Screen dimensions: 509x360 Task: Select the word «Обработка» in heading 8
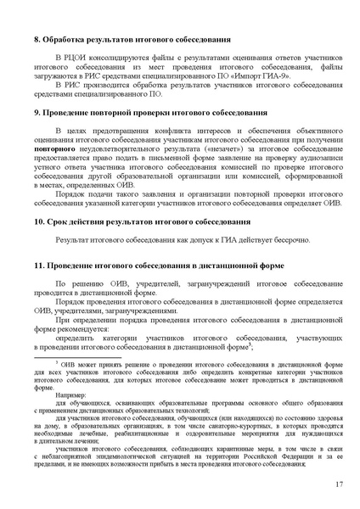pyautogui.click(x=68, y=40)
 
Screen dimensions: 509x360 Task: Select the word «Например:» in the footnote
pyautogui.click(x=71, y=394)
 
